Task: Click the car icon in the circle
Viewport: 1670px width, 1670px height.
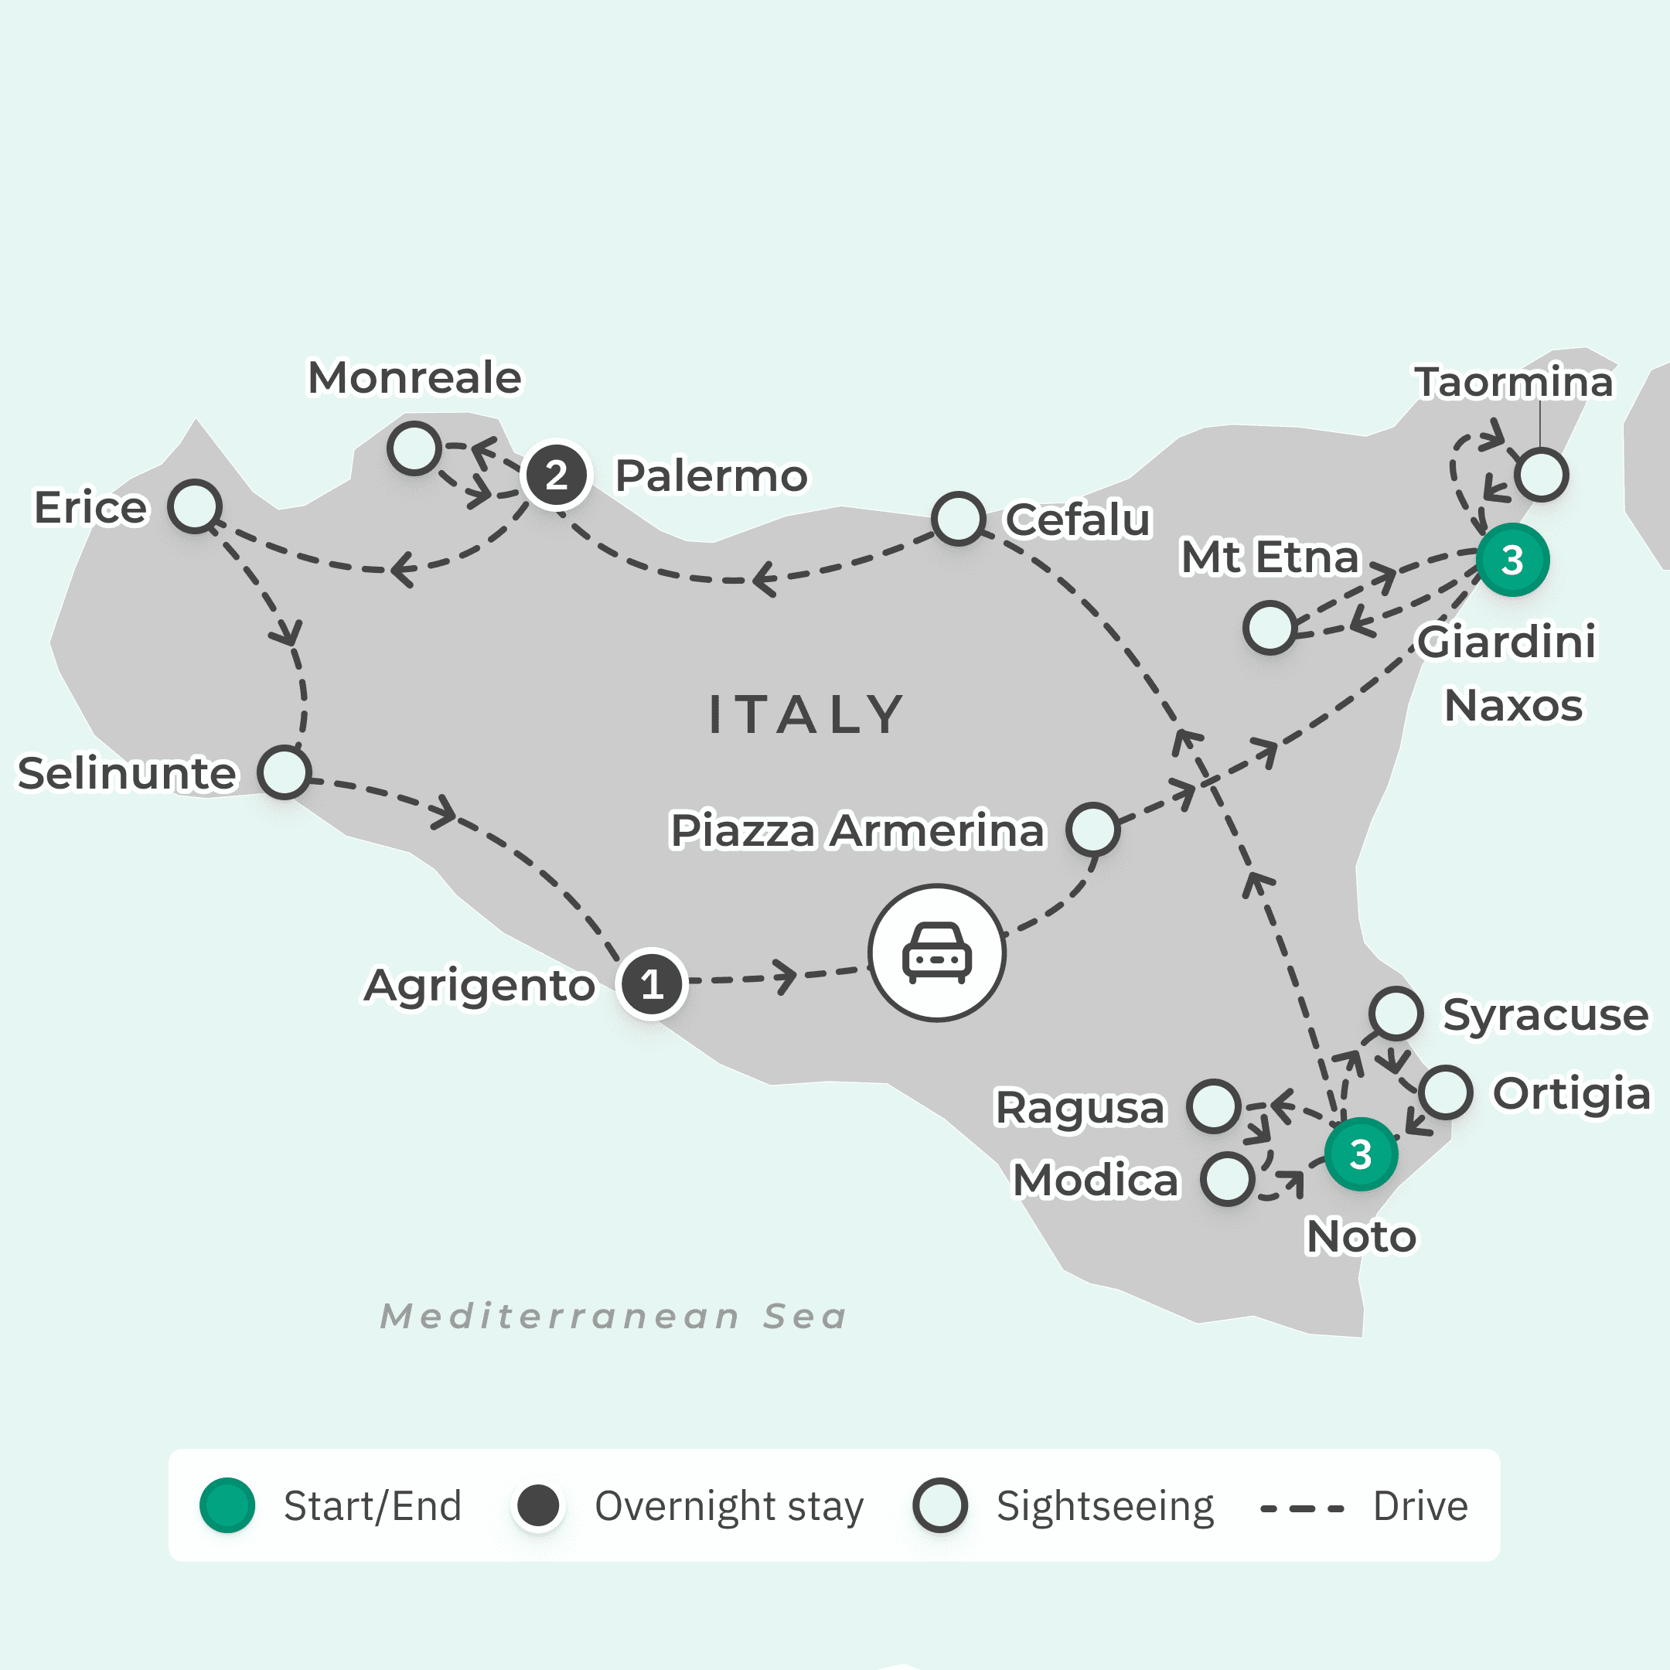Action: (x=937, y=953)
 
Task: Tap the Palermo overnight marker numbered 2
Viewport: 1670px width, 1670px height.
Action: (x=557, y=475)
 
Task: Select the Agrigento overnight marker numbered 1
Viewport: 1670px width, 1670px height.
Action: (x=652, y=983)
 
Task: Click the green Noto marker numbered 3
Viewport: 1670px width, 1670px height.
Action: (x=1361, y=1154)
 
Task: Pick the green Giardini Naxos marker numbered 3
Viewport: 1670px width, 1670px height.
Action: (x=1512, y=560)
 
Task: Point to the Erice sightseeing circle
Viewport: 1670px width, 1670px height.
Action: (x=196, y=506)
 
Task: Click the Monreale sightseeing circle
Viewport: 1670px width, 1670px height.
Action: (x=414, y=448)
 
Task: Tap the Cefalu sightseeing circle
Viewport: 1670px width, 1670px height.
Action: (x=959, y=519)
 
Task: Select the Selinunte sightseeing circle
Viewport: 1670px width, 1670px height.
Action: (x=285, y=772)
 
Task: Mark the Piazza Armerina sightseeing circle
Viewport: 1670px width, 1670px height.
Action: (x=1093, y=830)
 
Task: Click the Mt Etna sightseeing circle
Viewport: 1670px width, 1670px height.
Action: (x=1270, y=628)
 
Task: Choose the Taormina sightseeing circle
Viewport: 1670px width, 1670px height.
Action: (x=1542, y=475)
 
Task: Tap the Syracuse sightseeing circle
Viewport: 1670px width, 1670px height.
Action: (x=1396, y=1013)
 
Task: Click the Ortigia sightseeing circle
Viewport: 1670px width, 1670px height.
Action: (x=1445, y=1092)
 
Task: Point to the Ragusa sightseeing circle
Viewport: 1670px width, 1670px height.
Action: (x=1214, y=1106)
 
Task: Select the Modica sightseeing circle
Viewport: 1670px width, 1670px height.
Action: (x=1228, y=1178)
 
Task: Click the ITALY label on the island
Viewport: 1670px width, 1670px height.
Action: (x=806, y=715)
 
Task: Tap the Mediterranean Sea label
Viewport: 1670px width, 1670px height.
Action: (x=614, y=1317)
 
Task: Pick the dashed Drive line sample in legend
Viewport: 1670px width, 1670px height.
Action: (x=1302, y=1509)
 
